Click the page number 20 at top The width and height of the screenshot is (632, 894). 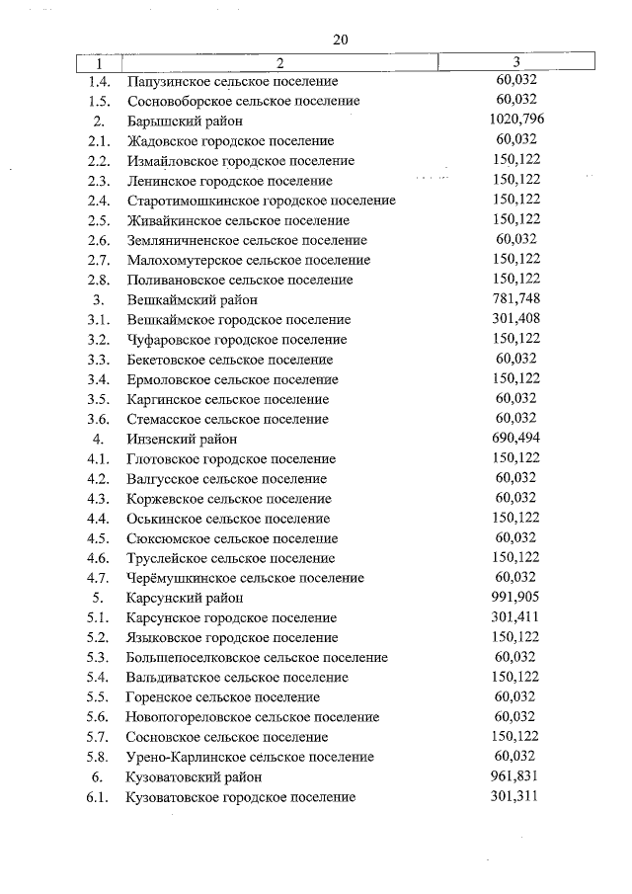click(x=341, y=40)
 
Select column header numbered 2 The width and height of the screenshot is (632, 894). click(x=279, y=63)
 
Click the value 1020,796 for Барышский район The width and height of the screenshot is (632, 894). click(x=516, y=121)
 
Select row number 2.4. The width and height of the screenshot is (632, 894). click(x=98, y=201)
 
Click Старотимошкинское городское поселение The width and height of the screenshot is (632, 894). click(x=261, y=201)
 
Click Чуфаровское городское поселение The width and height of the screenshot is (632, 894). click(x=237, y=340)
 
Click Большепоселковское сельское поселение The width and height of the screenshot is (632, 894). click(x=257, y=658)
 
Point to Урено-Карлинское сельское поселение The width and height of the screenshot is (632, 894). click(x=250, y=757)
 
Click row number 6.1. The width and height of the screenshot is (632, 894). click(x=98, y=797)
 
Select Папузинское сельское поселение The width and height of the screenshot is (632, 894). click(x=232, y=81)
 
